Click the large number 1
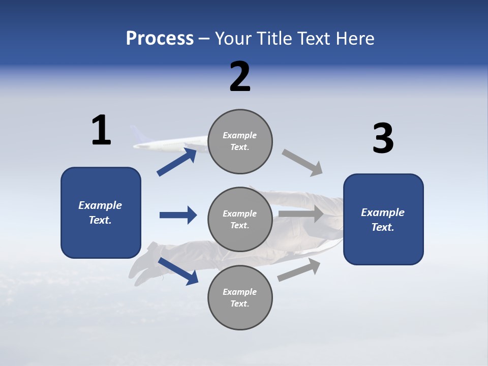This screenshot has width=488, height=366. pos(101,131)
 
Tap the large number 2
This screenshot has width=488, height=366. pos(240,77)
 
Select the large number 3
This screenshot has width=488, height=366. pos(383,139)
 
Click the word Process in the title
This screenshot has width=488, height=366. pos(160,39)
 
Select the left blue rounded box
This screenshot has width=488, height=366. pos(101,212)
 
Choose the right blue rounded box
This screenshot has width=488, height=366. pos(383,219)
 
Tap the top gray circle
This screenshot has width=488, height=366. pos(240,141)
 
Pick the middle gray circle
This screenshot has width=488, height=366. pos(240,219)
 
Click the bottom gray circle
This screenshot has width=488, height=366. pos(240,297)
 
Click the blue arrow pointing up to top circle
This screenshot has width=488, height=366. pos(177,162)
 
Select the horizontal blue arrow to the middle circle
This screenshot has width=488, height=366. pos(178,215)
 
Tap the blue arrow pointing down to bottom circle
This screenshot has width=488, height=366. pos(178,271)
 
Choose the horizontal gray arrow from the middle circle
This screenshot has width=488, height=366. pos(301,214)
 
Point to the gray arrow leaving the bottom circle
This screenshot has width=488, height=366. pos(299,269)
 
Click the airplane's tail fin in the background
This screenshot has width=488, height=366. pos(138,135)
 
